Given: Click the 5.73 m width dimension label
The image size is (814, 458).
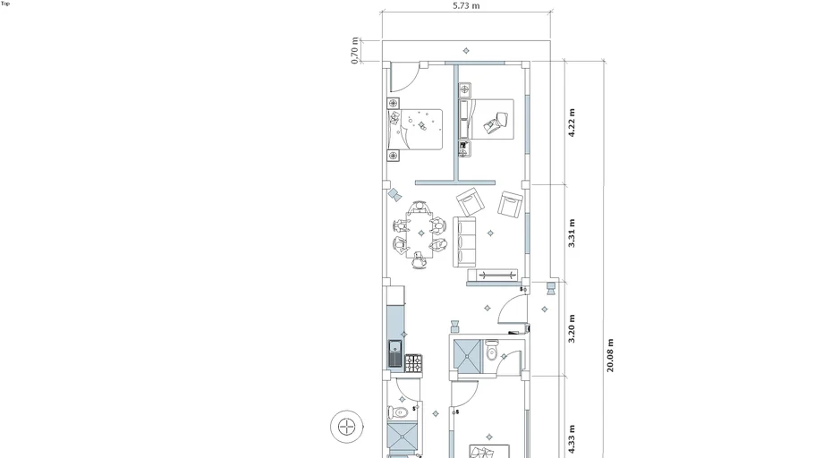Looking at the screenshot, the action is [x=466, y=5].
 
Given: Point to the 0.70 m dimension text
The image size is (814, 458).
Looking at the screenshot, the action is [x=355, y=50].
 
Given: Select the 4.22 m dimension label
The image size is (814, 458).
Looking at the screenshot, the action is [x=572, y=123].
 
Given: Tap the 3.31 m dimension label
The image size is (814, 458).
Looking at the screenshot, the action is [x=572, y=233].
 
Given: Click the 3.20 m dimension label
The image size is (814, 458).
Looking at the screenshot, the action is [x=572, y=328].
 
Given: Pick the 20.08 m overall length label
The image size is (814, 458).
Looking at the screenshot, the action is [x=610, y=356].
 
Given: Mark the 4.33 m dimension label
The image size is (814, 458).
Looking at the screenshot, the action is [x=572, y=439].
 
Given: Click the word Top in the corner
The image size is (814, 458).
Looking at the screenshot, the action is [x=5, y=4].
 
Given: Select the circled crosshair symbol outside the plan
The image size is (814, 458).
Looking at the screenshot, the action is [x=347, y=427].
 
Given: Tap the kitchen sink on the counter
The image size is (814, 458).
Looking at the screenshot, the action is [x=395, y=353].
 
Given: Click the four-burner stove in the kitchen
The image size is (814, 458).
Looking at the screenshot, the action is [x=414, y=363].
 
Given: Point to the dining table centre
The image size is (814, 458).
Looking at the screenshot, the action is [x=420, y=233].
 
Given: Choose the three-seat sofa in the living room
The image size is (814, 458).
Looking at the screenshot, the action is [x=464, y=242].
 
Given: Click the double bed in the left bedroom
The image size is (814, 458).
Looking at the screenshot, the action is [x=415, y=130].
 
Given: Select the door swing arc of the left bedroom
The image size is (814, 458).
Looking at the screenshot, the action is [x=409, y=83].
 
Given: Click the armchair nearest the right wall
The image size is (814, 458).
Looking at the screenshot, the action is [x=510, y=204].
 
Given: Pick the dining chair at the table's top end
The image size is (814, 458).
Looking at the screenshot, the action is [x=419, y=207].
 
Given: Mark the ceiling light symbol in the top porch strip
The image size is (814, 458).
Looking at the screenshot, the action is [x=466, y=51].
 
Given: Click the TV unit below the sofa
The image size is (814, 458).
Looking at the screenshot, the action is [x=493, y=276].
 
